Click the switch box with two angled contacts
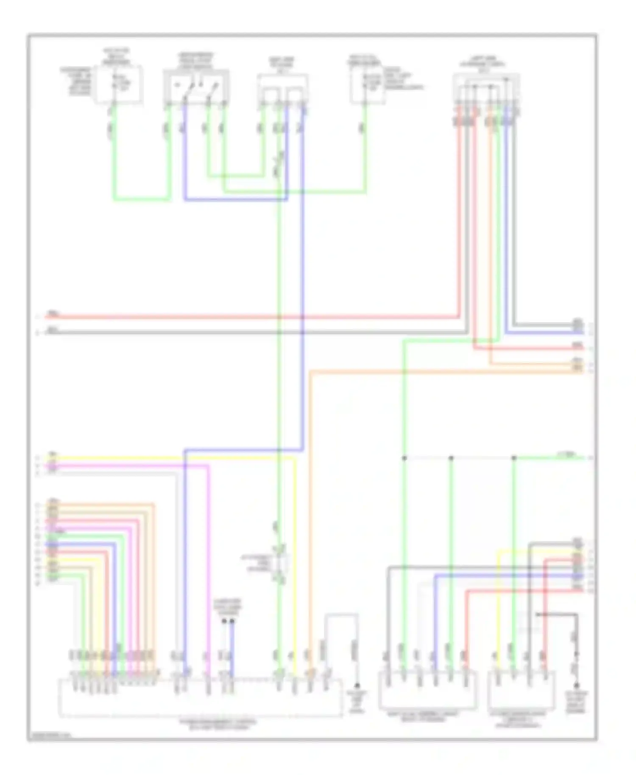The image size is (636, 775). tap(196, 87)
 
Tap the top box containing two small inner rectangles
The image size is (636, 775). tap(283, 89)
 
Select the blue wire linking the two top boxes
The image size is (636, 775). tap(236, 199)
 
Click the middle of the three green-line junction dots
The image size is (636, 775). tap(451, 458)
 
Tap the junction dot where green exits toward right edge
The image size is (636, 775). tap(514, 458)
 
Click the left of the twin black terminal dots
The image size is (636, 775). tap(224, 621)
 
